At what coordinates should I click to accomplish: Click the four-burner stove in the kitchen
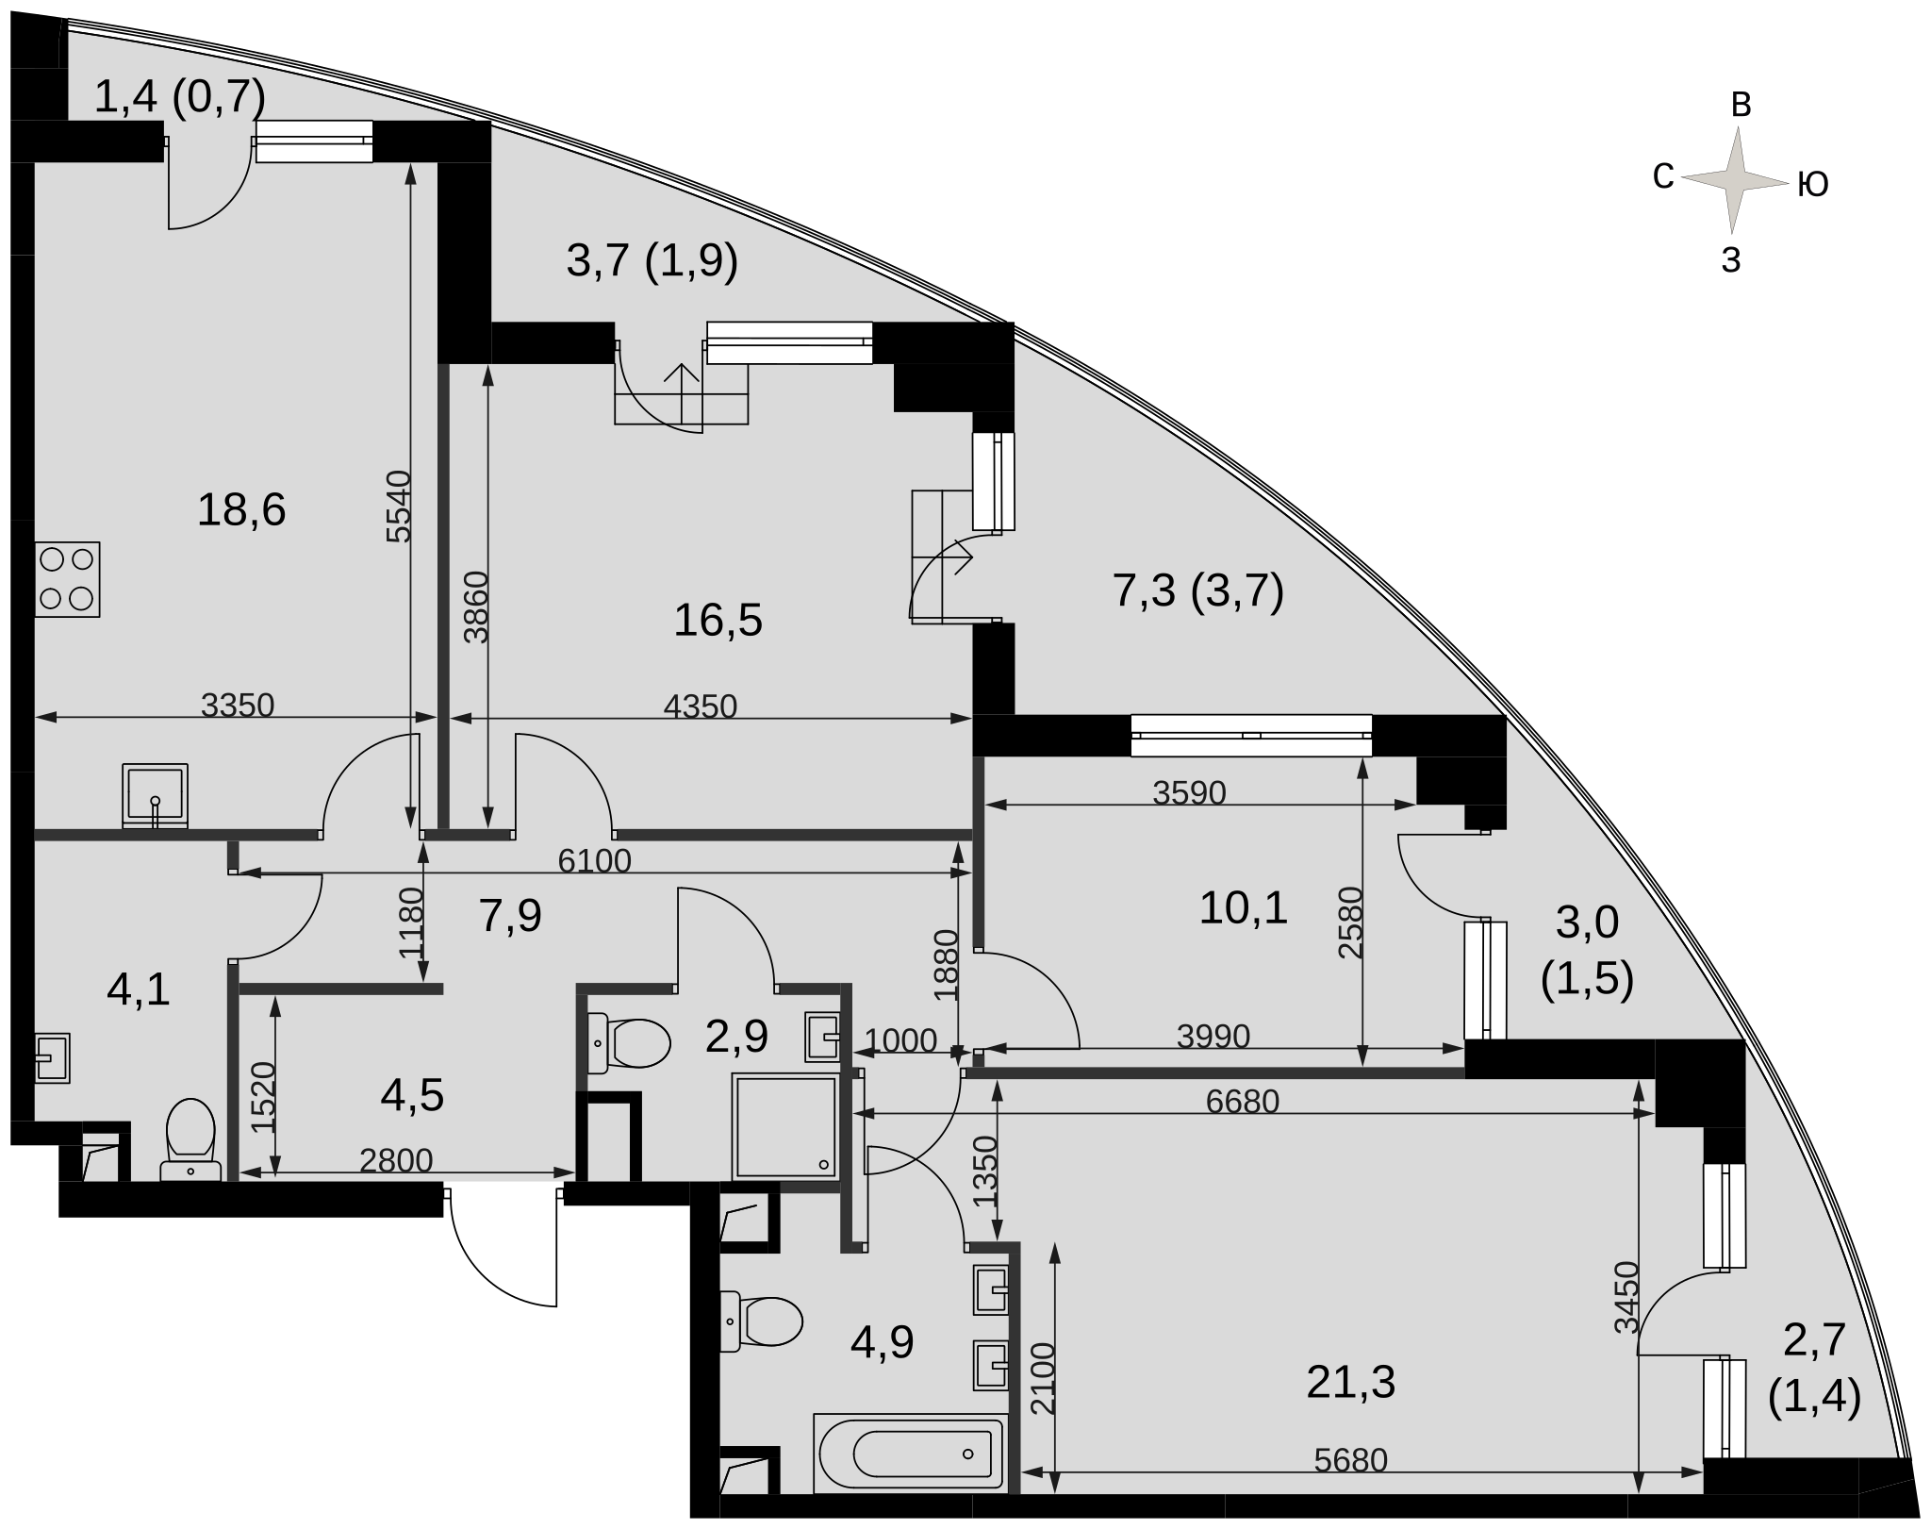[x=67, y=579]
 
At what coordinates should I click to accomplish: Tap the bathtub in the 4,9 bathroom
[x=910, y=1453]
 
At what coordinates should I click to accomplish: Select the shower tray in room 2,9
[x=785, y=1125]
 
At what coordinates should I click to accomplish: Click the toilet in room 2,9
[x=628, y=1043]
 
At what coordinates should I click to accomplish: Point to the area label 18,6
[x=241, y=510]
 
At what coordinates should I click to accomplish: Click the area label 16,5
[x=718, y=621]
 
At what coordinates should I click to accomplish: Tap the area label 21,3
[x=1351, y=1383]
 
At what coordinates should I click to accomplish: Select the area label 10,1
[x=1243, y=908]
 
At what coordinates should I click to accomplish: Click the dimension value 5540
[x=400, y=507]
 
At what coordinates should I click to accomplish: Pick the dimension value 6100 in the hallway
[x=594, y=860]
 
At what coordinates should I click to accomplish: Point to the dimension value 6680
[x=1243, y=1101]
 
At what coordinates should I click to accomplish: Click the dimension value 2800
[x=396, y=1160]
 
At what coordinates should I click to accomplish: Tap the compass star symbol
[x=1734, y=179]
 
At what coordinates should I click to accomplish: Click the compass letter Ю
[x=1813, y=185]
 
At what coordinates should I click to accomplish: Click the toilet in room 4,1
[x=191, y=1139]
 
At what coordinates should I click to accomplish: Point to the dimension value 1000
[x=900, y=1039]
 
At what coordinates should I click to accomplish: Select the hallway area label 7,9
[x=510, y=915]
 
